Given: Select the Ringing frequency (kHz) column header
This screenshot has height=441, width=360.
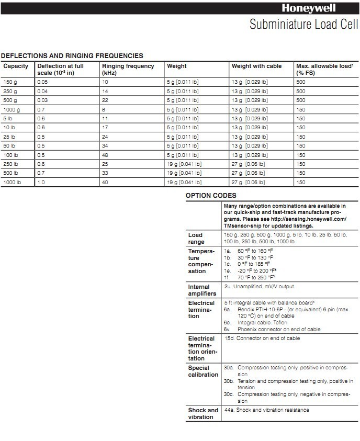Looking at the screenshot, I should pyautogui.click(x=128, y=70).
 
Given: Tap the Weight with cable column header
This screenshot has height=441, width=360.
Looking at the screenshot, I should pyautogui.click(x=256, y=66).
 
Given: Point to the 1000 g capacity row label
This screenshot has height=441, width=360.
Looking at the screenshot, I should pyautogui.click(x=12, y=110).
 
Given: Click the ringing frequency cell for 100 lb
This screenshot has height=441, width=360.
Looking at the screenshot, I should pyautogui.click(x=106, y=155).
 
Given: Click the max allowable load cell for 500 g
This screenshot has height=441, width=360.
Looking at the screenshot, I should pyautogui.click(x=301, y=100).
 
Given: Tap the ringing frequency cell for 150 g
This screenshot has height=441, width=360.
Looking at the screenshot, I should pyautogui.click(x=105, y=83).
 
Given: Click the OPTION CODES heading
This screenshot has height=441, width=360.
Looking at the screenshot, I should pyautogui.click(x=211, y=196).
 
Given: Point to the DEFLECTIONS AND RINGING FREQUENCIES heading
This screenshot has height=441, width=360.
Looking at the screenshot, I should pyautogui.click(x=72, y=55).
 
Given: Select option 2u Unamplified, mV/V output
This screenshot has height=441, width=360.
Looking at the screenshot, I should pyautogui.click(x=259, y=287).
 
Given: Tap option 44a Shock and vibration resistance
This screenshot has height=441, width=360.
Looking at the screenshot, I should pyautogui.click(x=266, y=410).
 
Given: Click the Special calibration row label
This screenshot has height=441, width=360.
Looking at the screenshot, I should pyautogui.click(x=203, y=371).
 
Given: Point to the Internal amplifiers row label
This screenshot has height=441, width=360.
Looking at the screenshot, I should pyautogui.click(x=202, y=290).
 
